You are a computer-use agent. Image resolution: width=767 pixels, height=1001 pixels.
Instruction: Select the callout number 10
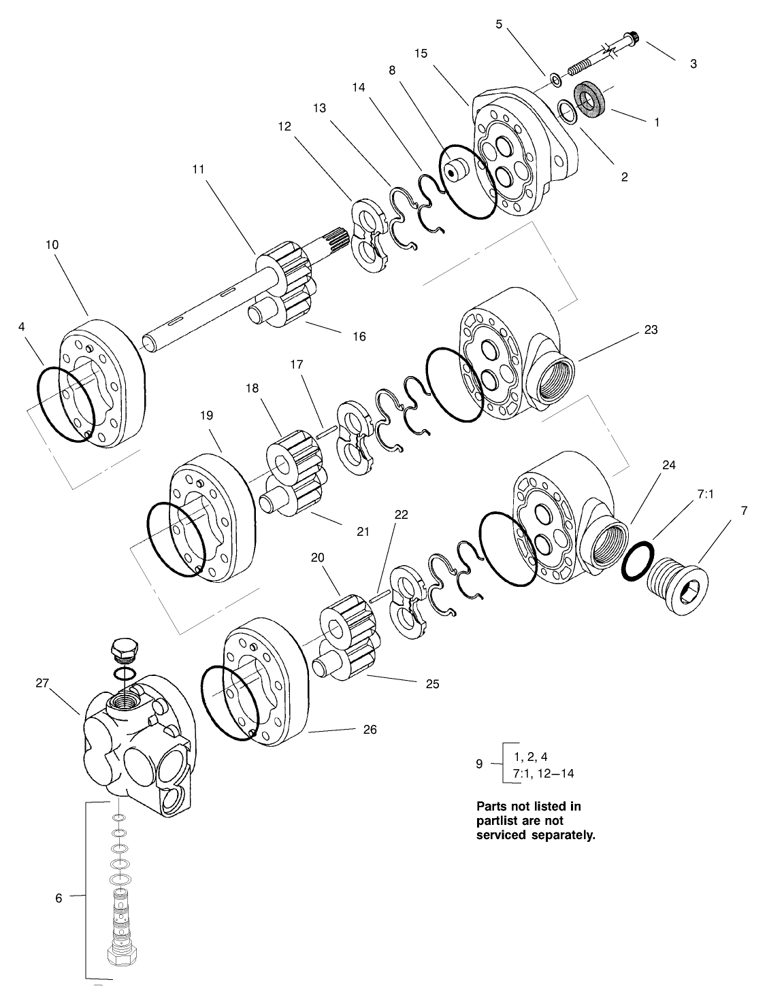[52, 244]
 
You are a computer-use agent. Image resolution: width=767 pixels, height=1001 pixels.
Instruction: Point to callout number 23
[651, 330]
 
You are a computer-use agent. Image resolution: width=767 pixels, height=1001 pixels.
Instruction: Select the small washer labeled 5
[556, 82]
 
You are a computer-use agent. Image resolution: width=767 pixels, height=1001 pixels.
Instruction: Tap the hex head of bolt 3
[633, 37]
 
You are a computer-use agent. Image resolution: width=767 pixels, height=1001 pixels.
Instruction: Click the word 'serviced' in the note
[500, 835]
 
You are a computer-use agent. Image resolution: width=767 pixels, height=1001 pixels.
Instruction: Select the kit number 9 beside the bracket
[479, 764]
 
